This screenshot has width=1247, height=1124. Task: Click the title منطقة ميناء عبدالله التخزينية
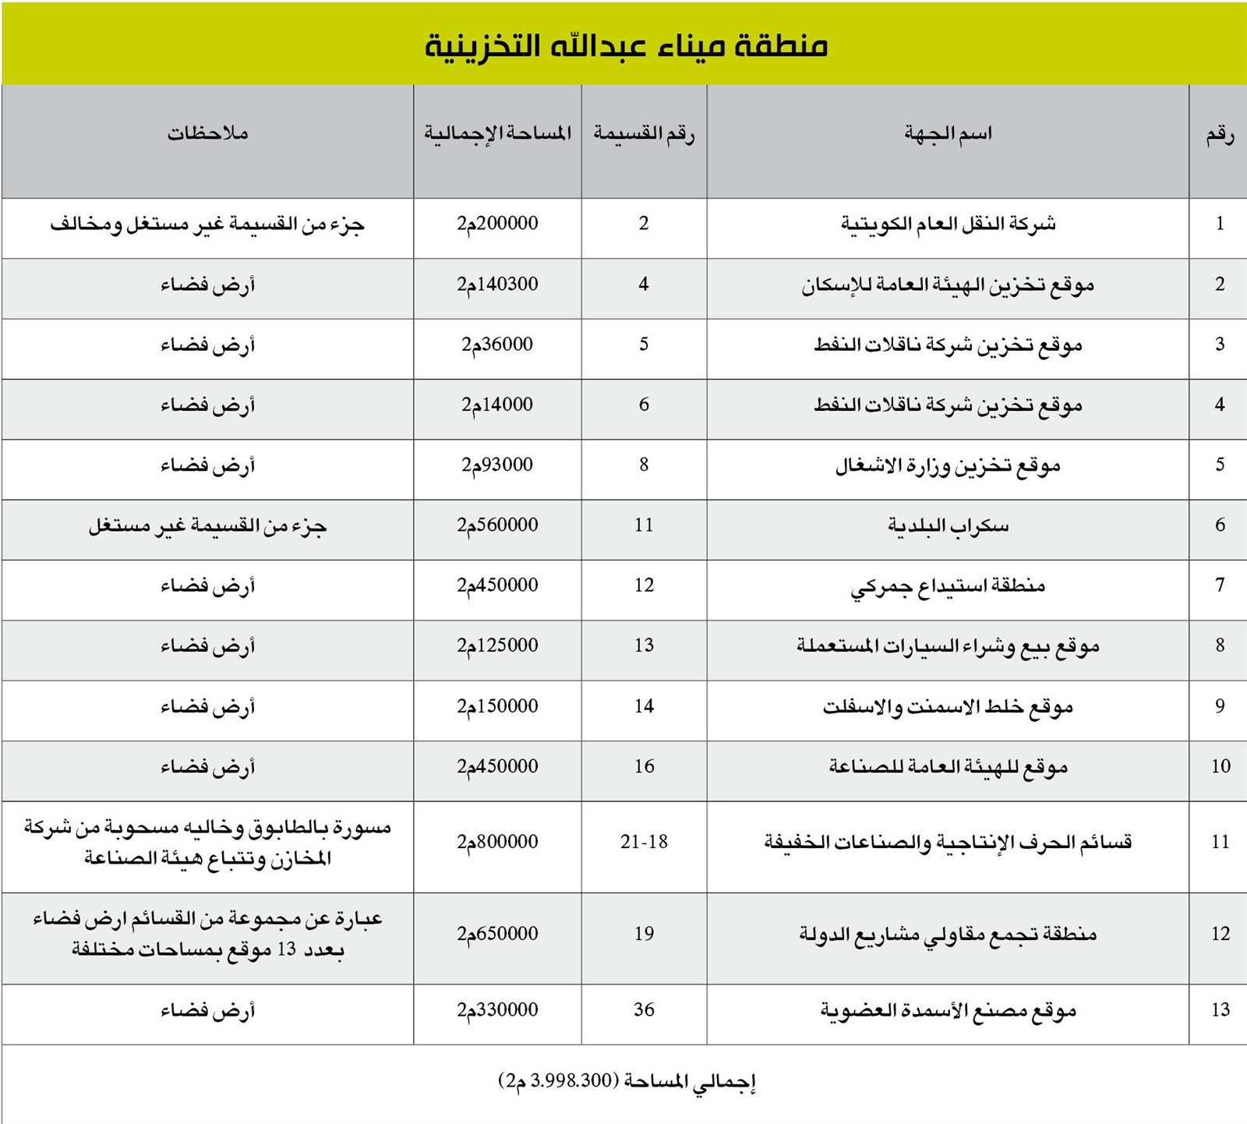coord(625,45)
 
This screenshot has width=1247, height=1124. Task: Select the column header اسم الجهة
coord(948,134)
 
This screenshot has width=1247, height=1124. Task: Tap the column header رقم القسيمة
coord(644,134)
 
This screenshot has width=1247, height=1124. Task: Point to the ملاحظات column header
coord(207,134)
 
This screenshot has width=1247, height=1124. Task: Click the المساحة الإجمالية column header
coord(497,134)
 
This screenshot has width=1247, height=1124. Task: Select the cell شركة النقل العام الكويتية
coord(948,224)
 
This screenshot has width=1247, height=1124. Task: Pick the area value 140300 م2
coord(497,285)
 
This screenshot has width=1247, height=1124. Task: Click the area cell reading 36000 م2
coord(497,345)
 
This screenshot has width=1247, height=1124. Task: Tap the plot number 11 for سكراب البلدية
coord(644,525)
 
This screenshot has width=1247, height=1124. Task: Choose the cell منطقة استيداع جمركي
coord(948,585)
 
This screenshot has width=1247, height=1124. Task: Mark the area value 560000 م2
coord(497,525)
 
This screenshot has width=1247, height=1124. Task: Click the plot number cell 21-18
coord(644,843)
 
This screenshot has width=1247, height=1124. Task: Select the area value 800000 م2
coord(497,843)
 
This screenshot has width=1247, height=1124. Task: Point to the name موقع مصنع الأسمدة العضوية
coord(948,1011)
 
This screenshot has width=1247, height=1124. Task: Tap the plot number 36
coord(644,1010)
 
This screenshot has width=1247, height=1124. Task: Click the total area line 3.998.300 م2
coord(627,1082)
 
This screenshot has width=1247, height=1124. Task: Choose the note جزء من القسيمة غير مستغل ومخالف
coord(207,225)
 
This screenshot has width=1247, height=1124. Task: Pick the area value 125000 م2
coord(497,646)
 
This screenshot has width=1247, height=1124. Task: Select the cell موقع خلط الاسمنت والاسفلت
coord(948,707)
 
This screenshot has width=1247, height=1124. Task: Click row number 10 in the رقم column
coord(1220,767)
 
